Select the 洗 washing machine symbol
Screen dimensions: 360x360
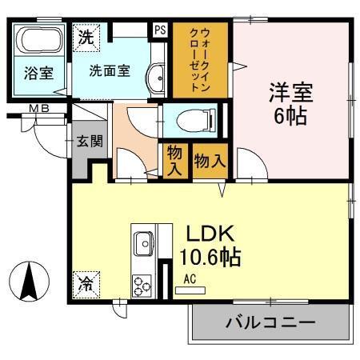[86, 36]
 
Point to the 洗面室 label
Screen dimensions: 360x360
[110, 70]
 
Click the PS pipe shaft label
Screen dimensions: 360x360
[160, 30]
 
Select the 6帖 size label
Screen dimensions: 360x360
[290, 115]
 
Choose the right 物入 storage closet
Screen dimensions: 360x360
[210, 160]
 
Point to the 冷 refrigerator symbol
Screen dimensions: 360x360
[85, 282]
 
